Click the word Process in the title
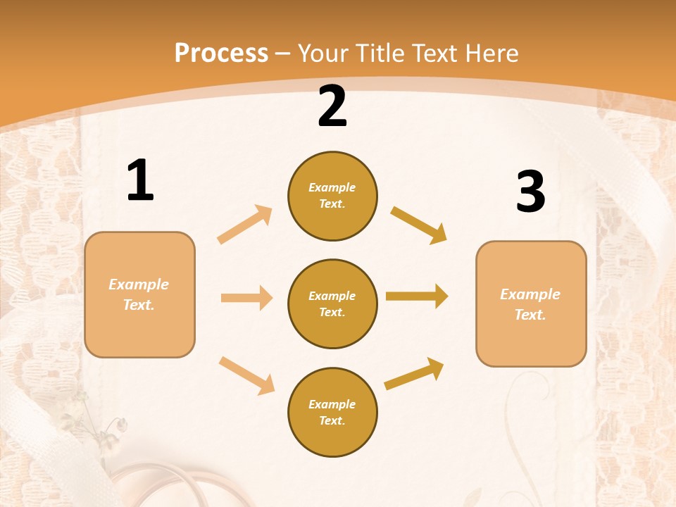(x=221, y=54)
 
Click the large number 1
(x=140, y=181)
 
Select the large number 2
(x=332, y=106)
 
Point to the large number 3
(x=530, y=192)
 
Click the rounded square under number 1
(x=139, y=294)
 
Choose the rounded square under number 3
(x=531, y=303)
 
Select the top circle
(x=332, y=196)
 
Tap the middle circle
(x=332, y=303)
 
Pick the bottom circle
(x=332, y=412)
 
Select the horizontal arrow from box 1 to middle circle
(x=246, y=298)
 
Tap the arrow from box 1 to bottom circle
(x=246, y=375)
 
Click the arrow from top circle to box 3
(x=418, y=225)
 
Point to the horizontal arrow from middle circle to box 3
(x=417, y=296)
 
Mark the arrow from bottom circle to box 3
(x=414, y=373)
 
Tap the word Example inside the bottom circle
(x=332, y=404)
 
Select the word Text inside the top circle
(x=331, y=204)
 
